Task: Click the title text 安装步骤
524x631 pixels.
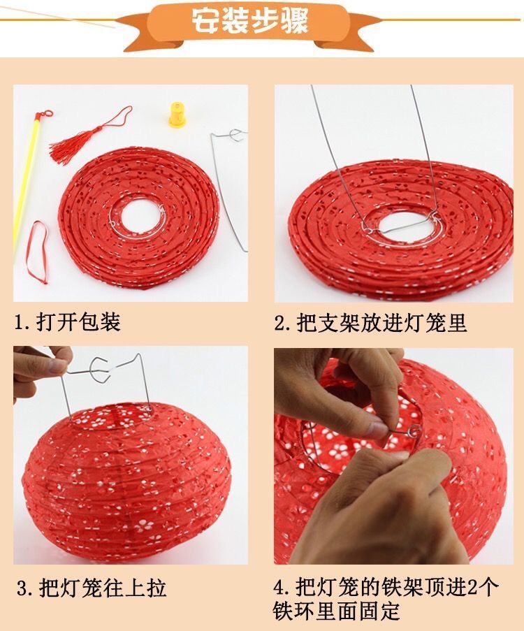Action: tap(249, 20)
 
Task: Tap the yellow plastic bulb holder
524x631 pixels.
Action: tap(177, 115)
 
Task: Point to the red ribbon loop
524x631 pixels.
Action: tap(38, 252)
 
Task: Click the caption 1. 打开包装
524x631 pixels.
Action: tap(68, 322)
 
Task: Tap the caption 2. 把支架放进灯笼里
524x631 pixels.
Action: tap(370, 323)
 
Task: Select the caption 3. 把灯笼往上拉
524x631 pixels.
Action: tap(92, 588)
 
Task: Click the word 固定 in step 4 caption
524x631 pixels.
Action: tap(379, 611)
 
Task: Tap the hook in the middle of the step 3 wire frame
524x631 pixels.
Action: tap(99, 368)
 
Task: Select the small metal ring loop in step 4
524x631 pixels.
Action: tap(414, 432)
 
